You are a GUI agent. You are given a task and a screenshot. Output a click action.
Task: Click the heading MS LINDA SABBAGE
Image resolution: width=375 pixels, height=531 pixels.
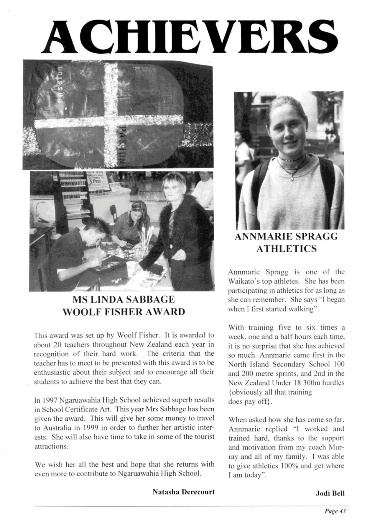(x=124, y=300)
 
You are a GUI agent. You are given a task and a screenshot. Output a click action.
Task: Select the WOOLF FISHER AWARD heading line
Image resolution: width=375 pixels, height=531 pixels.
(x=124, y=312)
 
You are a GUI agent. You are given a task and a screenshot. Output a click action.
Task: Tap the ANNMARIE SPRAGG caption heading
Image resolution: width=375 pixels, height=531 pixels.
(x=286, y=237)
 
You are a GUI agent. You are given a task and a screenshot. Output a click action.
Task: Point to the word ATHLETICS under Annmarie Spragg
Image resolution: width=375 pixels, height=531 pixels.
(x=286, y=249)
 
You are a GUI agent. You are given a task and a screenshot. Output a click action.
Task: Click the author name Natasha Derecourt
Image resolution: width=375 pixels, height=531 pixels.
(x=183, y=492)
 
